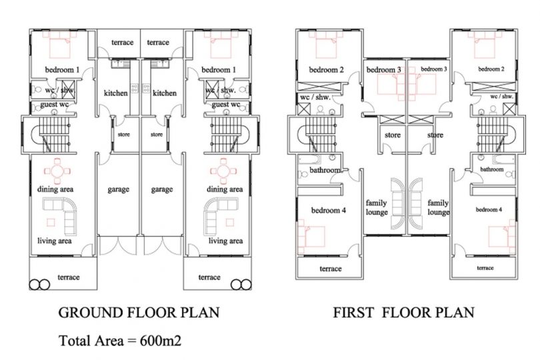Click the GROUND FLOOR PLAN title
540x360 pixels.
139,313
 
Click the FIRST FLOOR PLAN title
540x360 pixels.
403,313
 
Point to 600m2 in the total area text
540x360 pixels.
161,341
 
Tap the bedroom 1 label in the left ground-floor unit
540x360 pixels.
63,70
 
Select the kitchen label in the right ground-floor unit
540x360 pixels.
165,93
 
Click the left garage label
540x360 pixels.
119,189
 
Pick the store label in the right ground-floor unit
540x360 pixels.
157,135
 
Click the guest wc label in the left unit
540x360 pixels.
55,105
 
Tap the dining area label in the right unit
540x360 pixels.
225,189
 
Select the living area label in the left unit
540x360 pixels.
55,241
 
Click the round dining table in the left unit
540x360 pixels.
57,171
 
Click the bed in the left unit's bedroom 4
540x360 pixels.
311,237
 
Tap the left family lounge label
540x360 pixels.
377,207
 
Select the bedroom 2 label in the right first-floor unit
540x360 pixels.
491,69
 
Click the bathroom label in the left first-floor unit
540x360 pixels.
325,170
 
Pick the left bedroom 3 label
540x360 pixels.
383,70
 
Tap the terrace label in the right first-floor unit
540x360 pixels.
485,268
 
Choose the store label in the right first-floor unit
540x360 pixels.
435,135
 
